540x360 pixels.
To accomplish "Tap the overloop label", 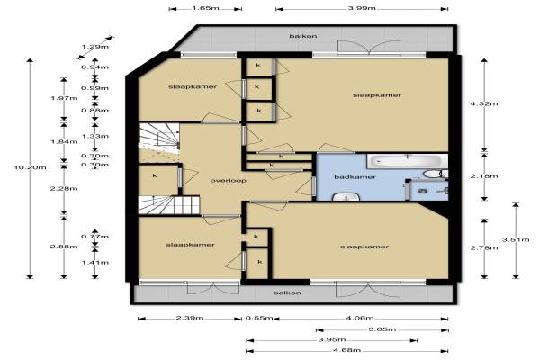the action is pyautogui.click(x=229, y=180).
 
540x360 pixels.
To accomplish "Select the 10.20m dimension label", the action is pyautogui.click(x=30, y=167).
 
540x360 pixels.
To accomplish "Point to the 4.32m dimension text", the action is pyautogui.click(x=484, y=103).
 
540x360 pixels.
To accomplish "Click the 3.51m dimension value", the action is pyautogui.click(x=516, y=239).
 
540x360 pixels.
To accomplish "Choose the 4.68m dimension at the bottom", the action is pyautogui.click(x=347, y=350).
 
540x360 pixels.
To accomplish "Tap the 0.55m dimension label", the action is pyautogui.click(x=259, y=318).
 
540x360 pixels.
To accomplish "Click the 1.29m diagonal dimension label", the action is pyautogui.click(x=95, y=47).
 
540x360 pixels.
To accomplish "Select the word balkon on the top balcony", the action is pyautogui.click(x=303, y=36).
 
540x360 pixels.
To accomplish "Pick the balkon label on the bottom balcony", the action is pyautogui.click(x=287, y=292).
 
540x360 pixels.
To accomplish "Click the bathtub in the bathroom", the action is pyautogui.click(x=408, y=161).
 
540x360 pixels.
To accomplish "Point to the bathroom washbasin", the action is pyautogui.click(x=346, y=197).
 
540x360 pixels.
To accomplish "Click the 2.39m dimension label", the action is pyautogui.click(x=190, y=318).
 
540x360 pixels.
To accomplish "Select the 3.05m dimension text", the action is pyautogui.click(x=382, y=329).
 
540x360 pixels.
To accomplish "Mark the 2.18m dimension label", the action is pyautogui.click(x=484, y=176).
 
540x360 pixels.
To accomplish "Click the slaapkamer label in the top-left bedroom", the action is pyautogui.click(x=193, y=86).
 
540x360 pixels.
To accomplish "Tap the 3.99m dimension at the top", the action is pyautogui.click(x=362, y=8).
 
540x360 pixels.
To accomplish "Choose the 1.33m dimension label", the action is pyautogui.click(x=95, y=136).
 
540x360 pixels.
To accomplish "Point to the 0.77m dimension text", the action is pyautogui.click(x=95, y=237).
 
